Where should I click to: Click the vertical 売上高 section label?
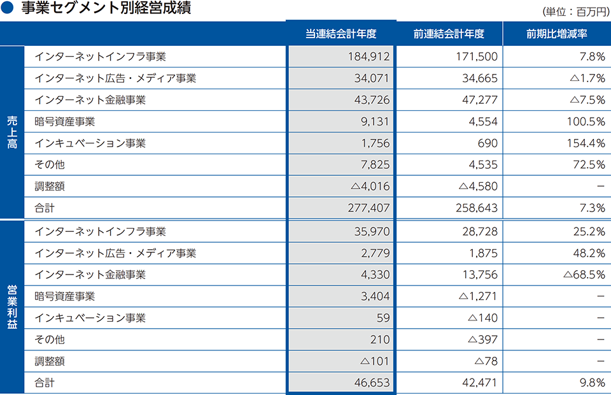(12, 132)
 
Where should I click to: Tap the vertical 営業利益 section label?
(12, 306)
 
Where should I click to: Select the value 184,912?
(369, 57)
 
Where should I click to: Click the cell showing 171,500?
(477, 57)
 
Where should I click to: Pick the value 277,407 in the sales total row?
(369, 208)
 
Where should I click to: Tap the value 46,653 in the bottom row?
(373, 384)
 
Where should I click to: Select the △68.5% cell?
(584, 275)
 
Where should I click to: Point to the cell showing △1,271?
(477, 296)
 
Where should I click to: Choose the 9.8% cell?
(592, 384)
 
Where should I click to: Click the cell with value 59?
(383, 318)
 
